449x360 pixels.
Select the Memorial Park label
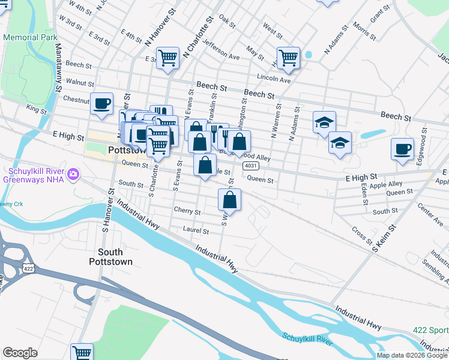[x=30, y=37]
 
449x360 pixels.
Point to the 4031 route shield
[x=251, y=165]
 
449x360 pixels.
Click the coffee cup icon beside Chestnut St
[x=102, y=103]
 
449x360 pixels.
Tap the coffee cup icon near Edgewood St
[x=402, y=148]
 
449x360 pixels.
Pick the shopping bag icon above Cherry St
[x=229, y=199]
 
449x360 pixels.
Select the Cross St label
[x=362, y=235]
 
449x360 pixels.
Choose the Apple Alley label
[x=387, y=185]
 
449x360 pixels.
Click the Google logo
[x=20, y=352]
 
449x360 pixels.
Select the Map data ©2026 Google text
[x=412, y=355]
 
